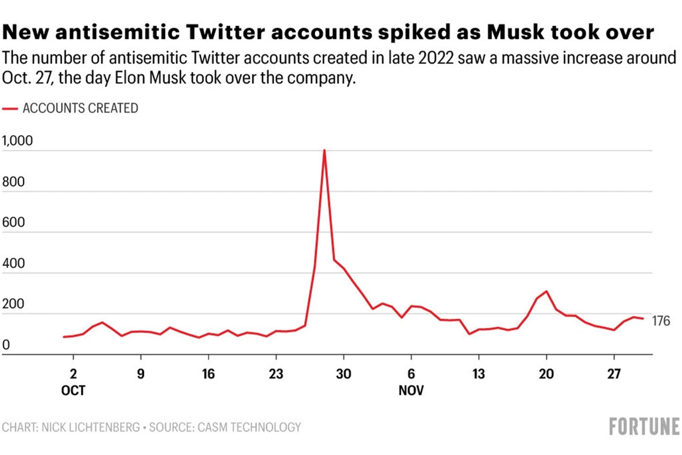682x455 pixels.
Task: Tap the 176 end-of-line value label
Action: pos(661,321)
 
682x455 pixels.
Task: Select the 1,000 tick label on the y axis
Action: pos(18,141)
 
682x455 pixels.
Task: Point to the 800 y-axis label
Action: pos(13,182)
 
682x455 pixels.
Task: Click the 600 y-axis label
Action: pos(13,222)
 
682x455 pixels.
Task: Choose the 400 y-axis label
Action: pos(13,264)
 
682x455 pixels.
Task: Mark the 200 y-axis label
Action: pos(13,304)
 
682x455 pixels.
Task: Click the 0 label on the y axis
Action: pos(6,345)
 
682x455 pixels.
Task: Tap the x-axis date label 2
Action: pos(73,374)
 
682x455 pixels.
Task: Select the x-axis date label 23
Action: pos(276,374)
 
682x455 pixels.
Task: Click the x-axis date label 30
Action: pos(343,374)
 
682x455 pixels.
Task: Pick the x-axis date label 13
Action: pos(478,374)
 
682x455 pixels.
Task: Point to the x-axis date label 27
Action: pos(614,374)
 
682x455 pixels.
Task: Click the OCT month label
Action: pos(73,391)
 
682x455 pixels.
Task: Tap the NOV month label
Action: pos(411,391)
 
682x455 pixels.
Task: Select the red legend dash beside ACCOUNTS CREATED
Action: pos(10,109)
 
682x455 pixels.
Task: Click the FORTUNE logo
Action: pos(644,427)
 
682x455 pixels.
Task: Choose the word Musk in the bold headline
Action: pos(516,32)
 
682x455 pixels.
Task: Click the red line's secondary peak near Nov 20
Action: pos(547,291)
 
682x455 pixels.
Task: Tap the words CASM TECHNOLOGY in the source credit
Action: pos(249,428)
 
